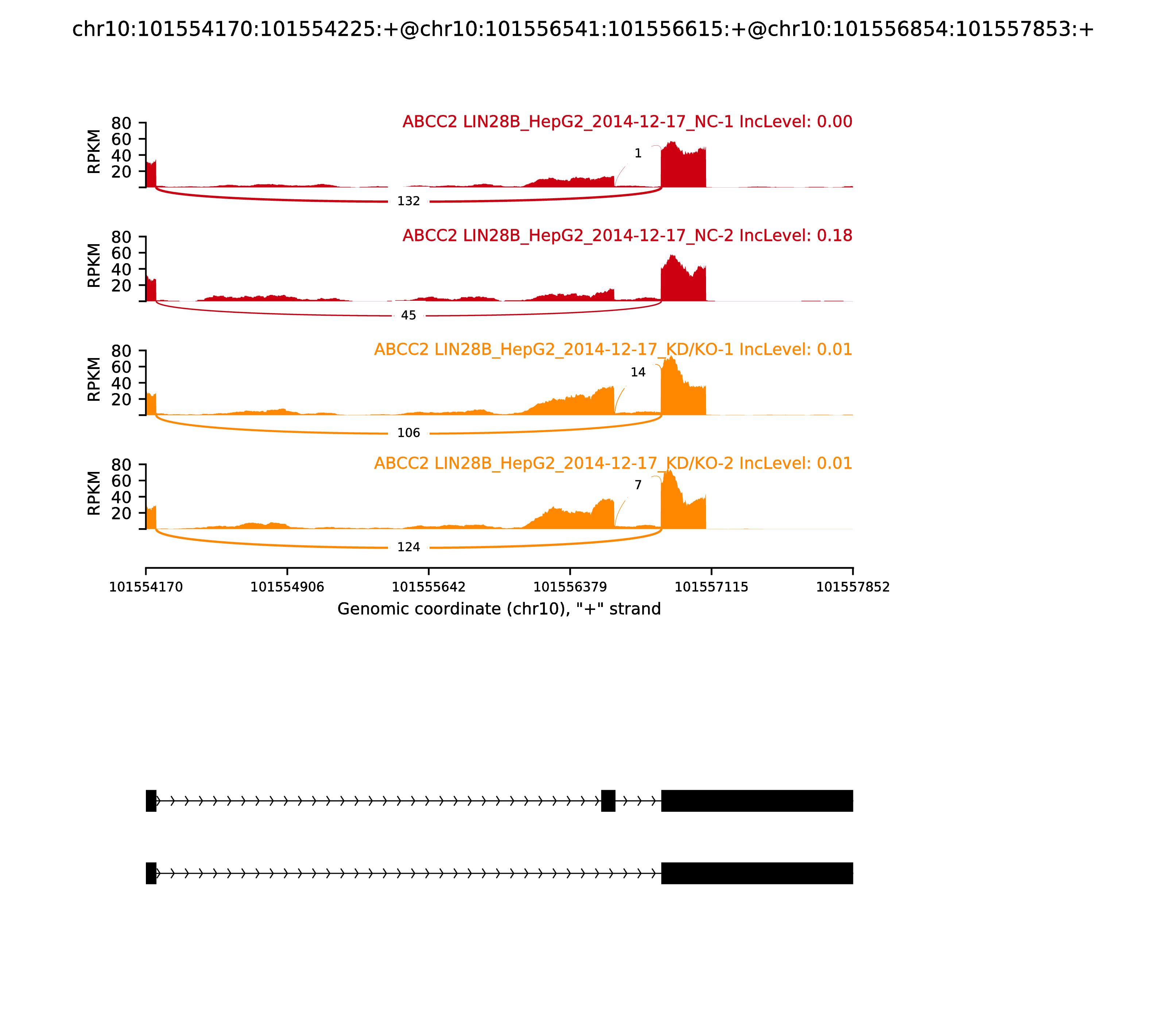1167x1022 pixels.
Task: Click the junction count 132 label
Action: click(408, 201)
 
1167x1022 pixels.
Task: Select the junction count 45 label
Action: click(408, 315)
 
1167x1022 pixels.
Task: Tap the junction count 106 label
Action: click(408, 433)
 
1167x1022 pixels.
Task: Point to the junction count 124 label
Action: click(408, 547)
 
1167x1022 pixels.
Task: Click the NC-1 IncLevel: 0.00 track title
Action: click(627, 122)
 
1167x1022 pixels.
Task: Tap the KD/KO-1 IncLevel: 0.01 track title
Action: click(613, 350)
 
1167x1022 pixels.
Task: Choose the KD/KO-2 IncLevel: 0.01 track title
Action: click(613, 463)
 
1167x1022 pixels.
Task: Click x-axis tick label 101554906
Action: click(287, 587)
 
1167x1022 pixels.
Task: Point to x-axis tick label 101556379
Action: click(570, 587)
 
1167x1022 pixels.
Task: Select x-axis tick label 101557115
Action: click(711, 587)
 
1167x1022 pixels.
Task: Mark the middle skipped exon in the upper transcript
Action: click(608, 801)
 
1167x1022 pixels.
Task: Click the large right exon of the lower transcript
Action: click(757, 873)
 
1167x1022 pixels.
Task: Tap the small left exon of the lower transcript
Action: click(151, 873)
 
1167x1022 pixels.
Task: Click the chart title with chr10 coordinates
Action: click(582, 29)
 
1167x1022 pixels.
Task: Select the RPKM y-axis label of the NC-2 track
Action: click(94, 265)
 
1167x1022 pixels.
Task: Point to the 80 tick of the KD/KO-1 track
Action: click(121, 351)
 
